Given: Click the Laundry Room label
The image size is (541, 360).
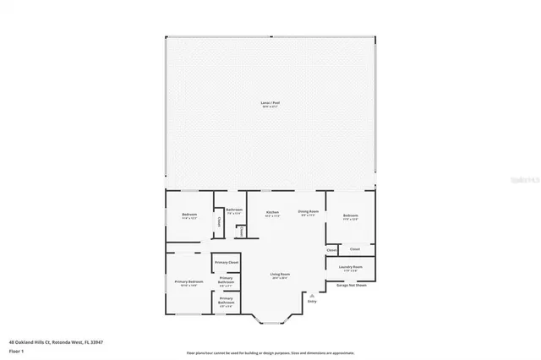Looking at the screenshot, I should click(351, 267).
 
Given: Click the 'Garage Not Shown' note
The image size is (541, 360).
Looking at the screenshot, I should click(350, 285).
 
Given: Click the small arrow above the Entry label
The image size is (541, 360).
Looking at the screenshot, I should click(312, 294).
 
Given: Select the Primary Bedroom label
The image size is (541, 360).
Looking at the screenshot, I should click(189, 281).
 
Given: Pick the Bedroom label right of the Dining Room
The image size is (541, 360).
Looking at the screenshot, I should click(351, 215).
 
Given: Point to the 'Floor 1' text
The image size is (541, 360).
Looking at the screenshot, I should click(16, 350).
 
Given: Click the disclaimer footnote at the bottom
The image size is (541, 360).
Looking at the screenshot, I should click(270, 353).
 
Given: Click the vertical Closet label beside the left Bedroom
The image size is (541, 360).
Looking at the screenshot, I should click(219, 221).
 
